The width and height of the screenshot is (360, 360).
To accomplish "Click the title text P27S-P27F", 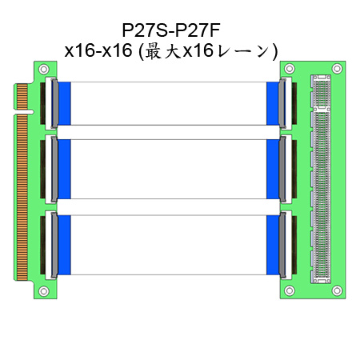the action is [171, 30].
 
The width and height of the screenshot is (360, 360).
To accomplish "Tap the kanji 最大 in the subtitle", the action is [162, 51].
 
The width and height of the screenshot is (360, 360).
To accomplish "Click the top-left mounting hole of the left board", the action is [44, 70].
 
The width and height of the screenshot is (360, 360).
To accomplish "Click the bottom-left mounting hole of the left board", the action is [44, 291].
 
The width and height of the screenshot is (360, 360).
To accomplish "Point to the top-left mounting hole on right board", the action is [290, 69].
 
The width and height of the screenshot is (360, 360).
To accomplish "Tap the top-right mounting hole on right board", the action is [337, 69].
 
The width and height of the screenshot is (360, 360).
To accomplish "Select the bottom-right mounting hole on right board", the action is [337, 290].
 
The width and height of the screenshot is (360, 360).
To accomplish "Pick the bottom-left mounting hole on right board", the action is [290, 290].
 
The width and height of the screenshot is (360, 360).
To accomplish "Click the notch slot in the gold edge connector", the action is [24, 112].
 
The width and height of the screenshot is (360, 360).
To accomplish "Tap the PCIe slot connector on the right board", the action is [321, 179].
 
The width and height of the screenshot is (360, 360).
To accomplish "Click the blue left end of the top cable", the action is [64, 103].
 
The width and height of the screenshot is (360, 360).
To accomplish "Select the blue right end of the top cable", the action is [273, 103].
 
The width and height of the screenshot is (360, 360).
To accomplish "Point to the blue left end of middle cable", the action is [64, 169].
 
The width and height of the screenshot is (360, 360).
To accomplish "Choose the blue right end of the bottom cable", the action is [273, 245].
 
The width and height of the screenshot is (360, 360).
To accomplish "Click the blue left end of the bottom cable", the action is [64, 245].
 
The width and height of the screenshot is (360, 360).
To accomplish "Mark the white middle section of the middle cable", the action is [169, 169].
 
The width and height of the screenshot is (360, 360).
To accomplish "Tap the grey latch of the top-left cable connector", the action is [54, 103].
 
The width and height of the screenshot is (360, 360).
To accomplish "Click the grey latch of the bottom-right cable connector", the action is [282, 245].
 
